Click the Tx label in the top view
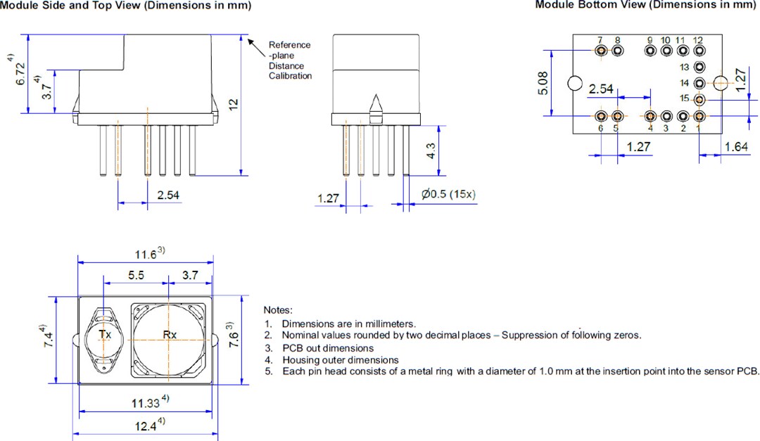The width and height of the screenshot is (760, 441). pos(105,335)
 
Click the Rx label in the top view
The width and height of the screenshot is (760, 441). pos(170,335)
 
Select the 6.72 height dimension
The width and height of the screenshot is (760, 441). pos(20,73)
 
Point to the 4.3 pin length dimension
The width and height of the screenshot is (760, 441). pos(431,151)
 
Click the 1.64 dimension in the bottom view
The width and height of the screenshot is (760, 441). pos(735,146)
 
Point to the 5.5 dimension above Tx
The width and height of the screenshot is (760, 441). pos(137,276)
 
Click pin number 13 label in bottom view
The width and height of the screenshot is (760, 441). pos(685,68)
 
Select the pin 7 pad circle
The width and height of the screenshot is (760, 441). pos(601,51)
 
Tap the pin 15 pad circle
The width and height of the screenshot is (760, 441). pos(699,99)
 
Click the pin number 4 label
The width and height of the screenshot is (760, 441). pos(650,129)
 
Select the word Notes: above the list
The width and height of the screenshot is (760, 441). pos(278,309)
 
